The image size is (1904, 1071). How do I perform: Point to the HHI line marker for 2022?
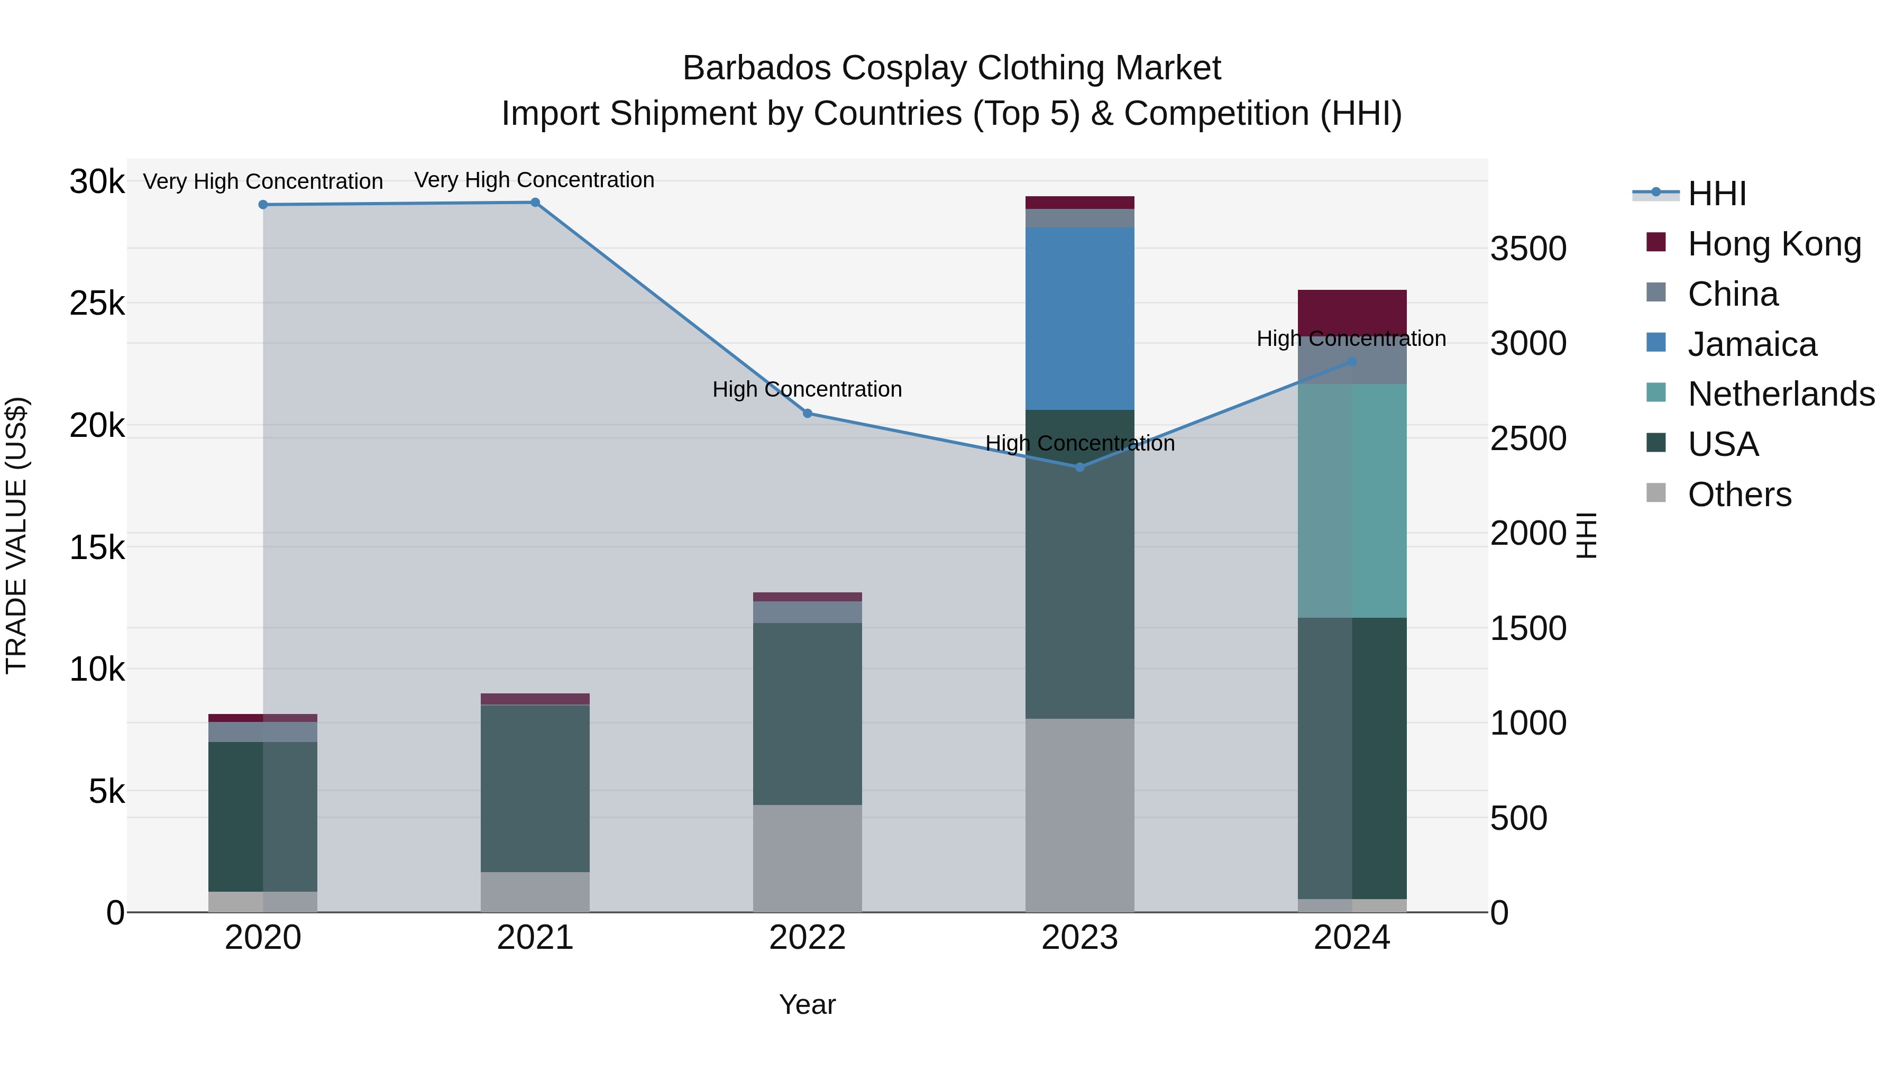pyautogui.click(x=807, y=413)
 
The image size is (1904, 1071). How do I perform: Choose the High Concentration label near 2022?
pyautogui.click(x=807, y=389)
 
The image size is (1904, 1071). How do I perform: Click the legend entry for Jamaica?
pyautogui.click(x=1752, y=344)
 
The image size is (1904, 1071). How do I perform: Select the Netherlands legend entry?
pyautogui.click(x=1781, y=394)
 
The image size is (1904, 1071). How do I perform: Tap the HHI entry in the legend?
pyautogui.click(x=1716, y=194)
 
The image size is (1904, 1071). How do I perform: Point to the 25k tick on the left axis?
pyautogui.click(x=97, y=303)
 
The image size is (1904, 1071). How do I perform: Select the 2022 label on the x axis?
pyautogui.click(x=807, y=938)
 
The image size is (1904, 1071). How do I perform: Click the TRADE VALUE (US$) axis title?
pyautogui.click(x=17, y=535)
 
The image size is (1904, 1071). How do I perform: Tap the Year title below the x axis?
pyautogui.click(x=807, y=1004)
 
